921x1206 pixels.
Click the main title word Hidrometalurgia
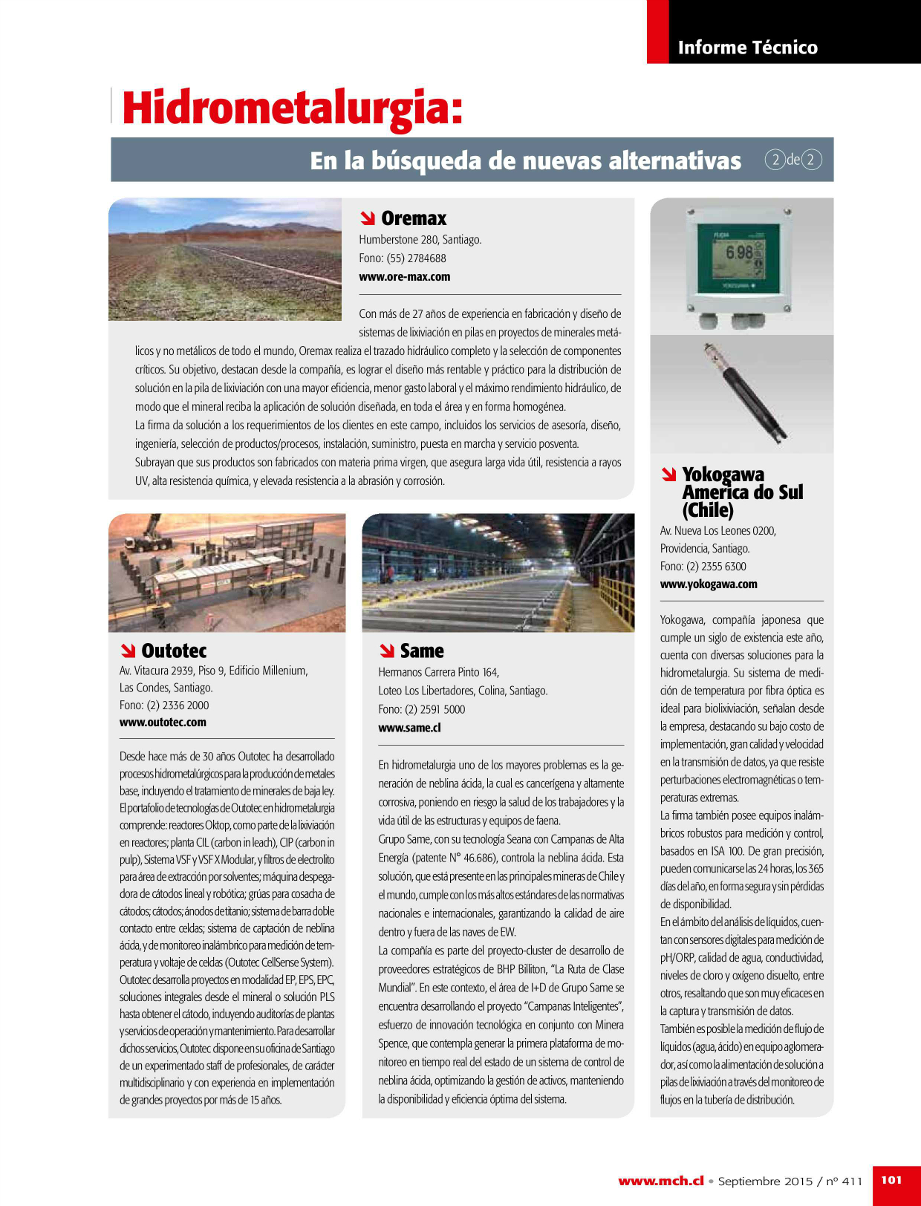tap(292, 108)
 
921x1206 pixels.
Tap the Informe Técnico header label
tap(747, 48)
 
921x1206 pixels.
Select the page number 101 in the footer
tap(891, 1179)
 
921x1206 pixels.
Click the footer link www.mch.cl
tap(660, 1181)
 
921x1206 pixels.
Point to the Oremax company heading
tap(414, 218)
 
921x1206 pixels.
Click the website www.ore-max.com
tap(404, 277)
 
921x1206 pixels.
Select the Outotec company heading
tap(174, 651)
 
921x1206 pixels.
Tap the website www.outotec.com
tap(163, 722)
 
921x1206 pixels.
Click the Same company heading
tap(422, 651)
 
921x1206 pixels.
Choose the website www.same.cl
tap(409, 728)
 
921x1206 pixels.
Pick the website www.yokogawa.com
tap(709, 584)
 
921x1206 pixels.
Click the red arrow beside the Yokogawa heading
tap(669, 475)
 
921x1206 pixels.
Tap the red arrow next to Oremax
tap(367, 218)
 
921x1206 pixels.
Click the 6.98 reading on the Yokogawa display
tap(739, 253)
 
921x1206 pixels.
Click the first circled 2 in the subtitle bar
tap(775, 160)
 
